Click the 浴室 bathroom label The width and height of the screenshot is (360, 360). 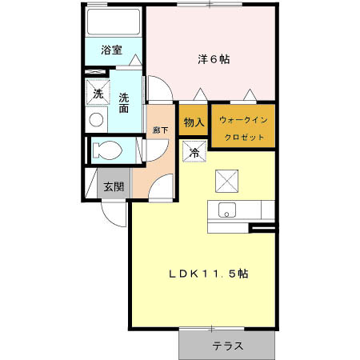pos(112,50)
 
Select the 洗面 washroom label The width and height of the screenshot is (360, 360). pos(125,103)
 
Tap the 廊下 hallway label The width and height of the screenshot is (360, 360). pos(159,130)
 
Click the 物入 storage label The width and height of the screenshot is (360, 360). pos(194,122)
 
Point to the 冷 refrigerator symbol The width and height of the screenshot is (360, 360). pos(193,150)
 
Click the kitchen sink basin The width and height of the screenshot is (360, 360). pos(226,211)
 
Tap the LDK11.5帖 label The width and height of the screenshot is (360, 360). pos(207,274)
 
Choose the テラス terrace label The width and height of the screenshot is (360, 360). pos(227,347)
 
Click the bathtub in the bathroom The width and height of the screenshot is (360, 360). pos(114,24)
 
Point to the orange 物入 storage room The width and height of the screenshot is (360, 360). pos(194,128)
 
